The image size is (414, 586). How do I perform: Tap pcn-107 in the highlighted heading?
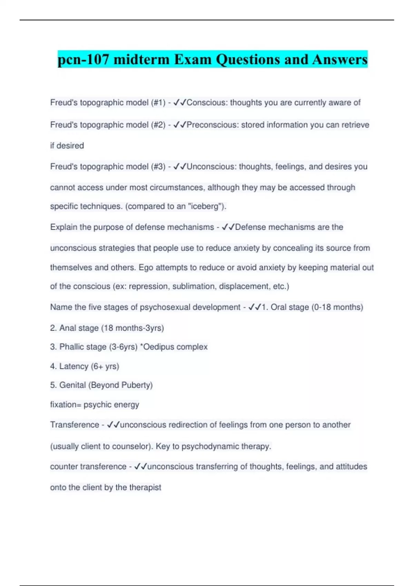click(84, 60)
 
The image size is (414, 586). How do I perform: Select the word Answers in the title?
click(340, 60)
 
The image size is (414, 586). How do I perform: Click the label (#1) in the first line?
click(158, 103)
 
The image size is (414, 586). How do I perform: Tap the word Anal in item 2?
click(67, 328)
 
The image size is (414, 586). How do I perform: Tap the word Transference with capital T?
click(75, 425)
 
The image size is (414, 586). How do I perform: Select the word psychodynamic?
click(210, 446)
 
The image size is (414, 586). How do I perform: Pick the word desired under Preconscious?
click(70, 146)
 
